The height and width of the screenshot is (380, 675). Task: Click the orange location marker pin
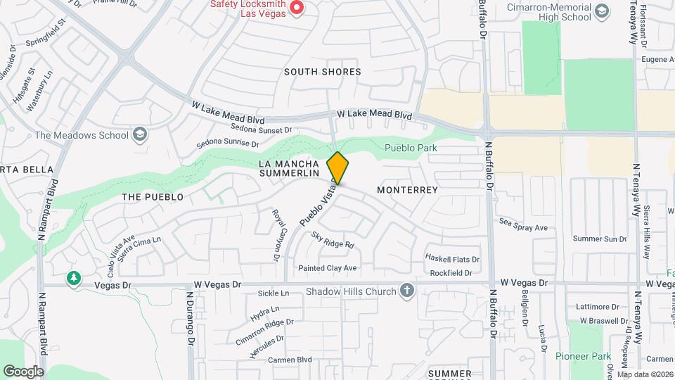point(337,168)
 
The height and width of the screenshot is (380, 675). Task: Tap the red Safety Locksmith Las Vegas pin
point(297,8)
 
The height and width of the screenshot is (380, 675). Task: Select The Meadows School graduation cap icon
point(140,134)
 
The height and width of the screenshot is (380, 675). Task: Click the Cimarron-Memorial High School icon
point(601,11)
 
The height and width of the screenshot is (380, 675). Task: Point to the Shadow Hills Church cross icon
point(406,291)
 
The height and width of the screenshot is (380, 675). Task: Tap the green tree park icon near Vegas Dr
point(73,279)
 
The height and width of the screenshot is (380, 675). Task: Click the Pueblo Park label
point(411,148)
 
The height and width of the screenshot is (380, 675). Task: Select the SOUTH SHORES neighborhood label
point(323,72)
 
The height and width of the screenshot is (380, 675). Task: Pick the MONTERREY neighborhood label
point(407,190)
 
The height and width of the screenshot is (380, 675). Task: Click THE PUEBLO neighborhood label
point(153,197)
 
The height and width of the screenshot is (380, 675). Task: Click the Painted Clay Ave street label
point(328,268)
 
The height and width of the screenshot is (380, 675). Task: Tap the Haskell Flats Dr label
point(454,259)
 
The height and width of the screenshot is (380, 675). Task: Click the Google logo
point(23,371)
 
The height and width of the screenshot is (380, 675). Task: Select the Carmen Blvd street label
point(290,360)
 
